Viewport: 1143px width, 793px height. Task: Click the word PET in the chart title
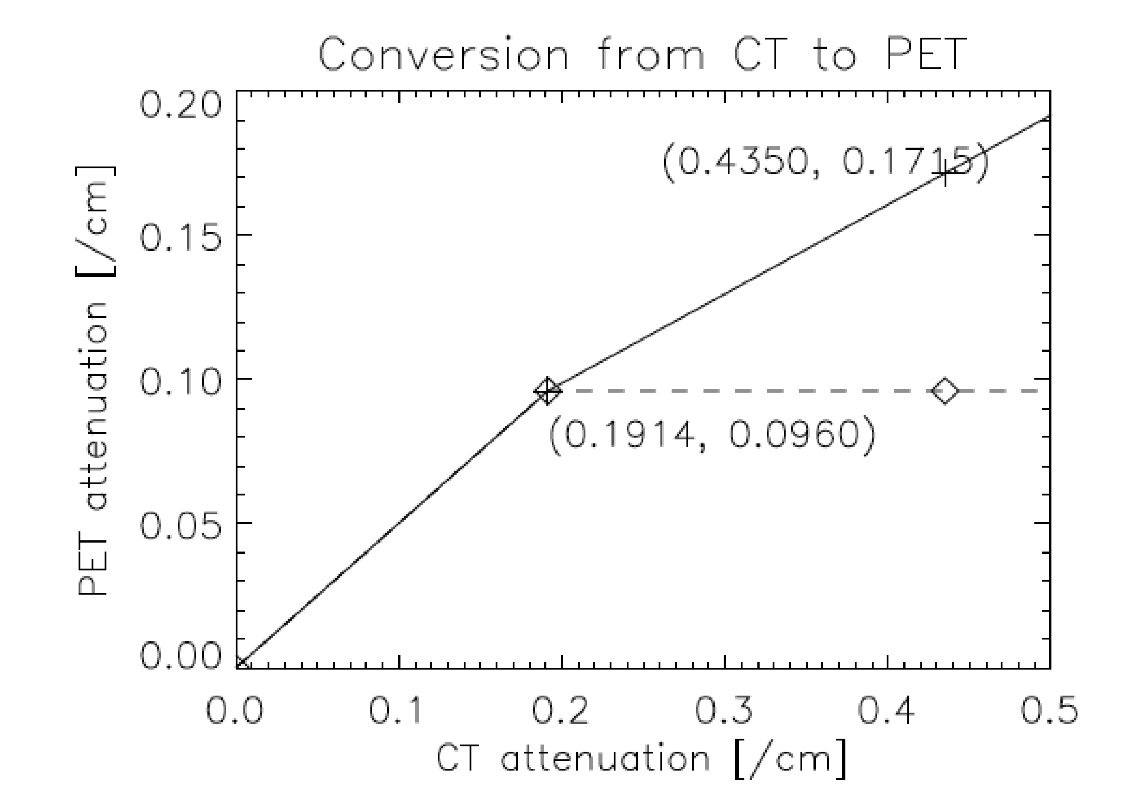pos(924,55)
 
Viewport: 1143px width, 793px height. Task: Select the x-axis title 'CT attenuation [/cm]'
pos(642,759)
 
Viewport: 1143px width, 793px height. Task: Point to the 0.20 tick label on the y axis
pos(180,105)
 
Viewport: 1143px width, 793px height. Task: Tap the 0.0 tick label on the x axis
pos(234,710)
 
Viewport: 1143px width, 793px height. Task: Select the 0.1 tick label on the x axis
pos(396,710)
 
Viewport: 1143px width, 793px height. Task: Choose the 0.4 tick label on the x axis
pos(886,710)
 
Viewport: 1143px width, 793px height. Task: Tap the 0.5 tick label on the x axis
pos(1049,710)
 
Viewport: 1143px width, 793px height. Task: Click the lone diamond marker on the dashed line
pos(945,391)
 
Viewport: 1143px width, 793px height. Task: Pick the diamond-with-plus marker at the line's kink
pos(548,391)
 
